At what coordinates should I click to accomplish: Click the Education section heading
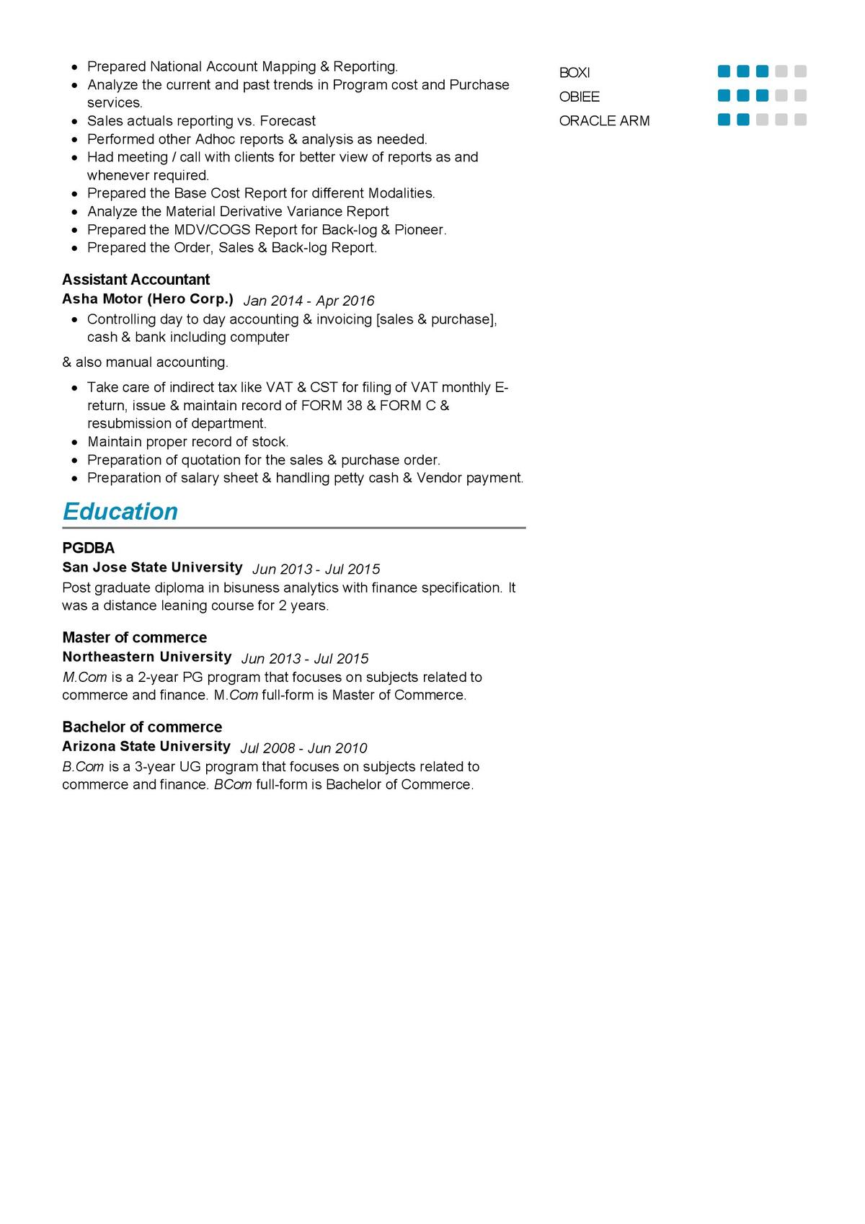[x=120, y=511]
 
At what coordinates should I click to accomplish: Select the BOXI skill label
[x=575, y=73]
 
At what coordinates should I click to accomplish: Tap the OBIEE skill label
[x=580, y=97]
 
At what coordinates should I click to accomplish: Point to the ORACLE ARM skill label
[x=604, y=121]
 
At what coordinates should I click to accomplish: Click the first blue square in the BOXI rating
[x=724, y=71]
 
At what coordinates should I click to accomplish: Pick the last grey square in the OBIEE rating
[x=800, y=96]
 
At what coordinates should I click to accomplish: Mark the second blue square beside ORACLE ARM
[x=743, y=120]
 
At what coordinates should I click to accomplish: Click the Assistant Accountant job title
[x=136, y=280]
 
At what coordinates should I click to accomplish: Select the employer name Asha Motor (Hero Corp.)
[x=148, y=298]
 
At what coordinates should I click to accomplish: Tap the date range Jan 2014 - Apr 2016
[x=309, y=301]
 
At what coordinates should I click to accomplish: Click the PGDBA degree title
[x=88, y=548]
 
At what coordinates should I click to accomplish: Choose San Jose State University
[x=152, y=567]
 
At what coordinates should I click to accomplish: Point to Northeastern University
[x=146, y=657]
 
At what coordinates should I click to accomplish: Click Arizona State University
[x=146, y=746]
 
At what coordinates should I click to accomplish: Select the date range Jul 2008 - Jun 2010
[x=303, y=748]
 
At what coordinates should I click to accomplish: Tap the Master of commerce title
[x=134, y=637]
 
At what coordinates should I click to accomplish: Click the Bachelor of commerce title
[x=142, y=727]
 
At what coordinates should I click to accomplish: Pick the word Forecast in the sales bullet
[x=288, y=121]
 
